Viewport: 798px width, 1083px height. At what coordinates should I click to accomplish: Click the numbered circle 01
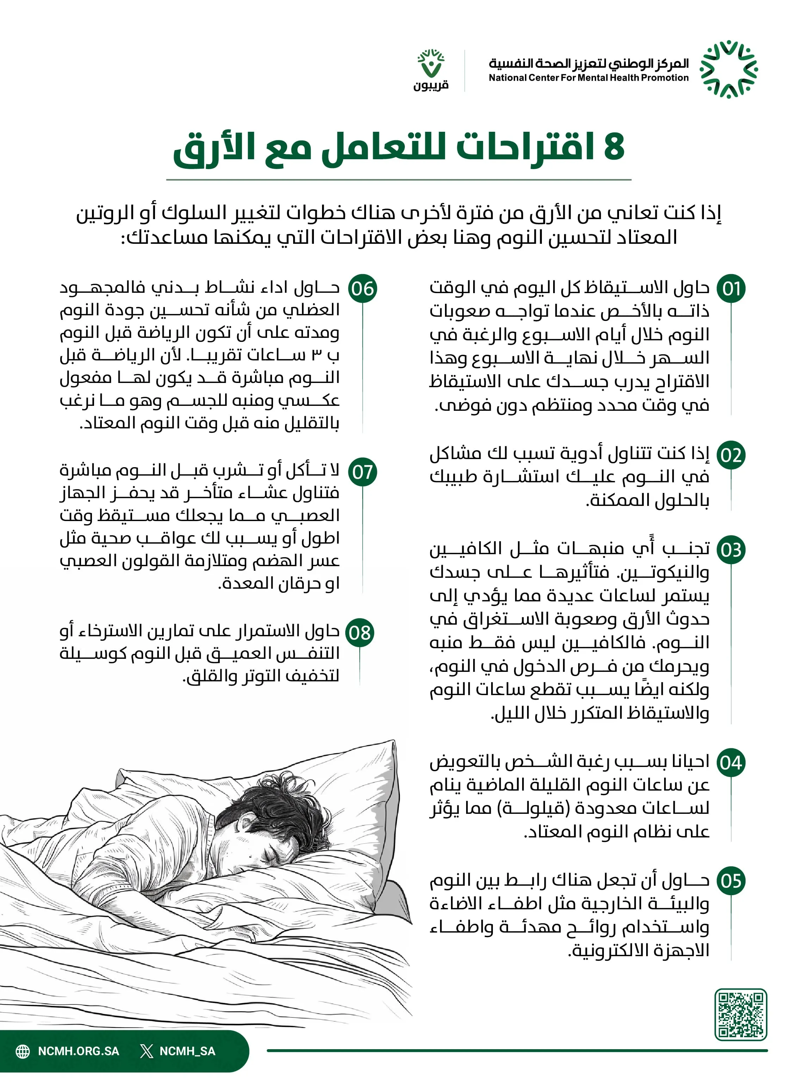click(731, 289)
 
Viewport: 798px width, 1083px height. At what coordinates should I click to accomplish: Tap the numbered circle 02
click(731, 455)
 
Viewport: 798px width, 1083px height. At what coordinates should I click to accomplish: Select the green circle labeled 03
click(731, 550)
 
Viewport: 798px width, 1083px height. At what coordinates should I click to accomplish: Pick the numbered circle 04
click(731, 763)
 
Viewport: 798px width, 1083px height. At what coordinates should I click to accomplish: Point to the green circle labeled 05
click(731, 881)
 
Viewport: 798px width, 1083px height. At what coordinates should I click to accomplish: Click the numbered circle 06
click(362, 289)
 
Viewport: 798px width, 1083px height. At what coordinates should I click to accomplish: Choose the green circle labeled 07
click(362, 472)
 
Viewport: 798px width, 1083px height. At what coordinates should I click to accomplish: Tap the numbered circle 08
click(360, 632)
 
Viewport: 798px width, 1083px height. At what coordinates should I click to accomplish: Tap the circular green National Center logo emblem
click(729, 69)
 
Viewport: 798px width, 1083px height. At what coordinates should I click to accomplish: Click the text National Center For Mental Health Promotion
click(588, 78)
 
